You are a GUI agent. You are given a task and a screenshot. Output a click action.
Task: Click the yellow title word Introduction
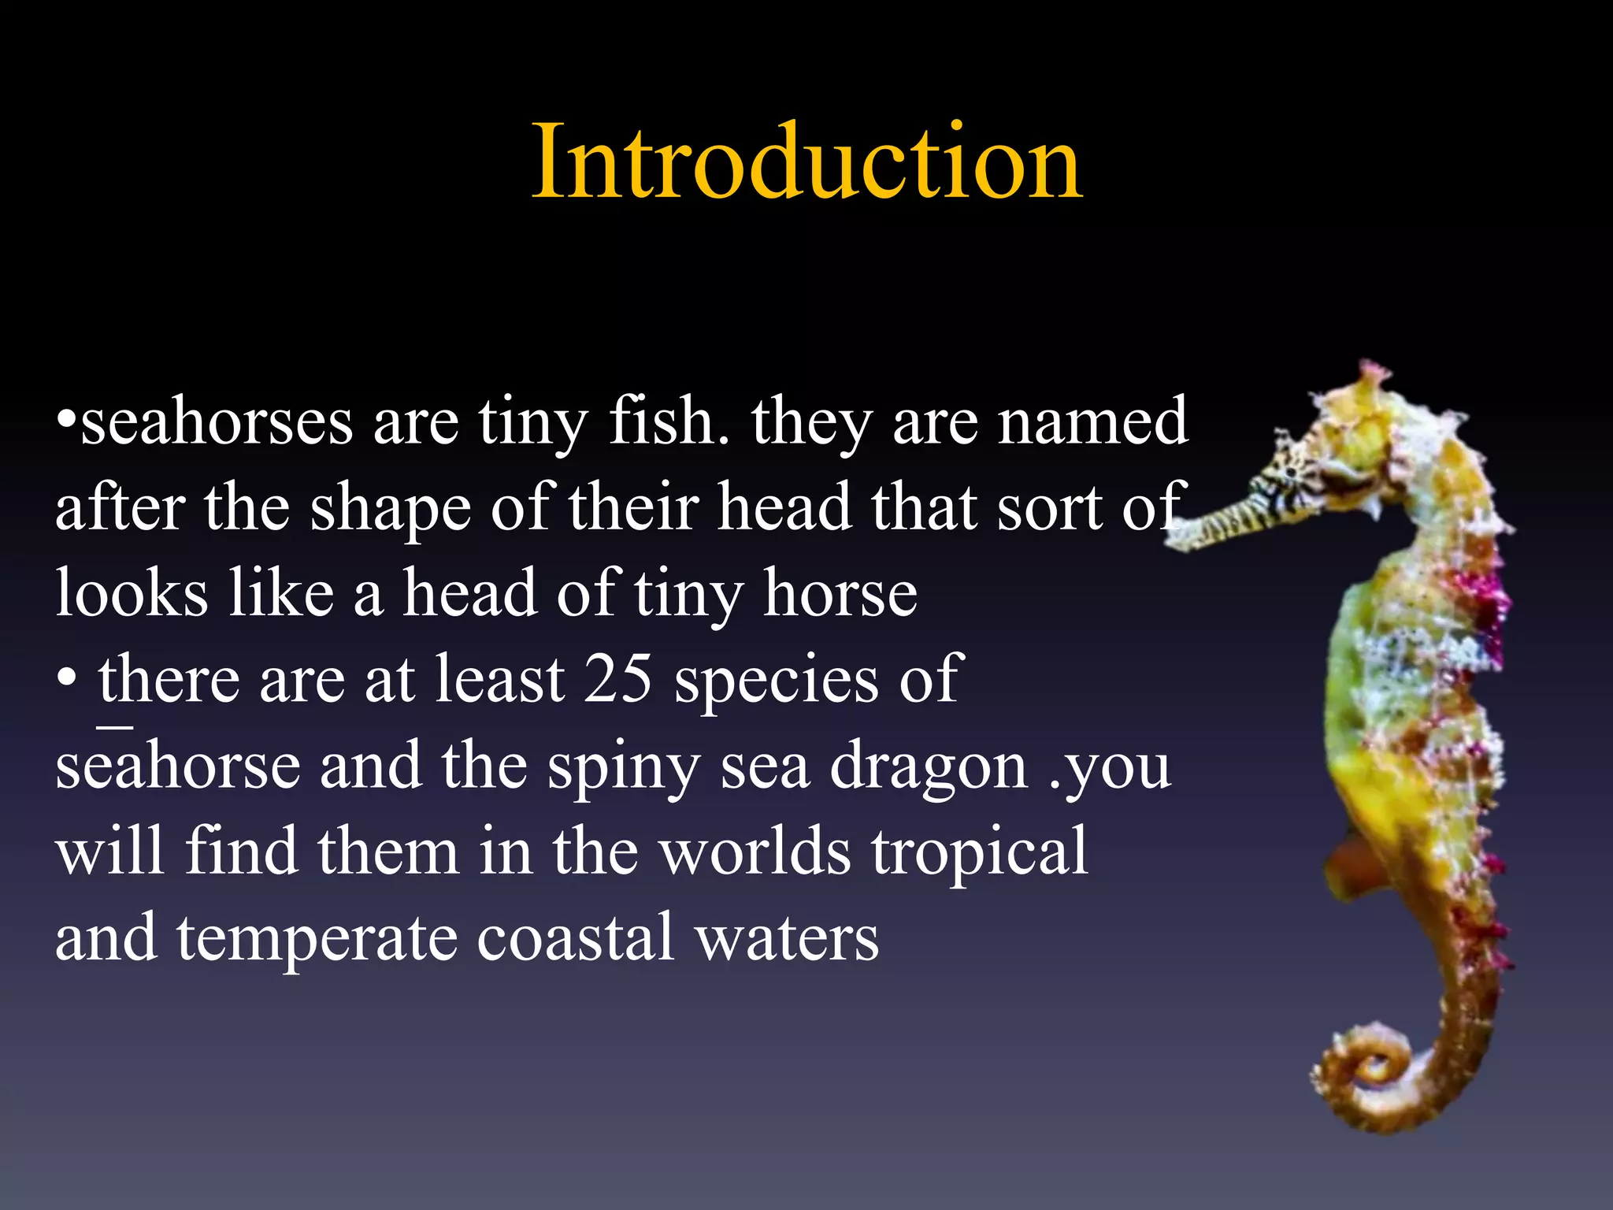pyautogui.click(x=806, y=162)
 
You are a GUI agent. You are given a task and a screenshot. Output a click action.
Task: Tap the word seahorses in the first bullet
pyautogui.click(x=217, y=423)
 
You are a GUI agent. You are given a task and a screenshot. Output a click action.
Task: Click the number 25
pyautogui.click(x=617, y=678)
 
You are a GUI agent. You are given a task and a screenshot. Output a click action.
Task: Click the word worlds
pyautogui.click(x=756, y=852)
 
